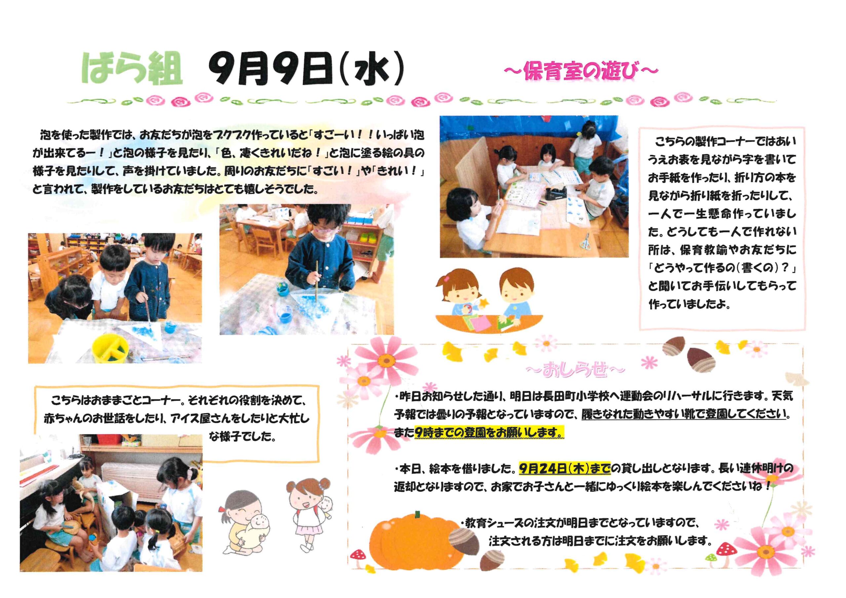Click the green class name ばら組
point(132,70)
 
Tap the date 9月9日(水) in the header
point(306,70)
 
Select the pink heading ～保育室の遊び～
point(581,71)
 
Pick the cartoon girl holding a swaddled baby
point(245,522)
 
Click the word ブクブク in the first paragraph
point(234,135)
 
